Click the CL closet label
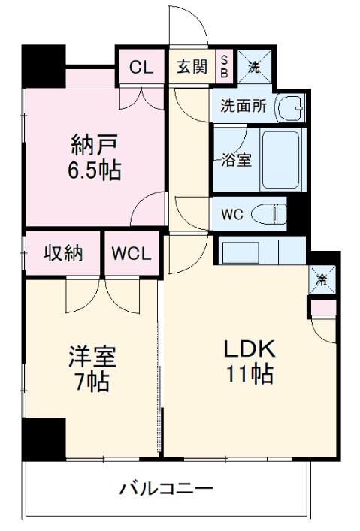[141, 66]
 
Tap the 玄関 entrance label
[192, 66]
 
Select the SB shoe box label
[224, 66]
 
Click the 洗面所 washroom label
[243, 107]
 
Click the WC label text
[231, 213]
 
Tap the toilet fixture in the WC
[268, 213]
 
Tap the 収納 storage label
[62, 252]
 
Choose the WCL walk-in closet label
[132, 253]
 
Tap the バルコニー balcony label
[166, 490]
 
